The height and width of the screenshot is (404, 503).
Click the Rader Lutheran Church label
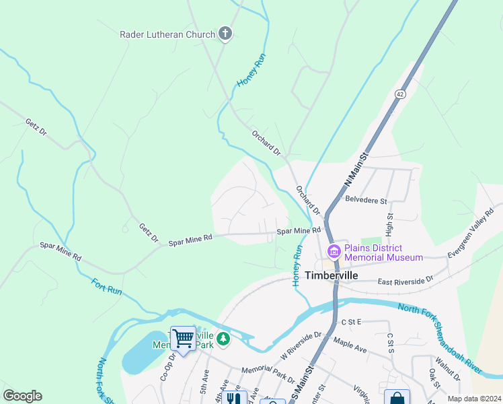point(167,34)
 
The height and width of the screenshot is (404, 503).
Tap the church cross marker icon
point(225,34)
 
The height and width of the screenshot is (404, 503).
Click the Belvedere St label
point(366,200)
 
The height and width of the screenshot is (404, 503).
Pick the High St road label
point(389,224)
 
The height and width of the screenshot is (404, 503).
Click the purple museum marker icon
point(334,252)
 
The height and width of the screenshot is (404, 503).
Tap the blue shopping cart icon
point(183,339)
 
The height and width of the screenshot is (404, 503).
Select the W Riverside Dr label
point(301,345)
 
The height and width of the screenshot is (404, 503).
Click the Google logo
point(22,396)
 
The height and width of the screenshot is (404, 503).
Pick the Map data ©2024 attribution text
point(473,399)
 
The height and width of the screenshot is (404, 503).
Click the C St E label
point(351,323)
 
